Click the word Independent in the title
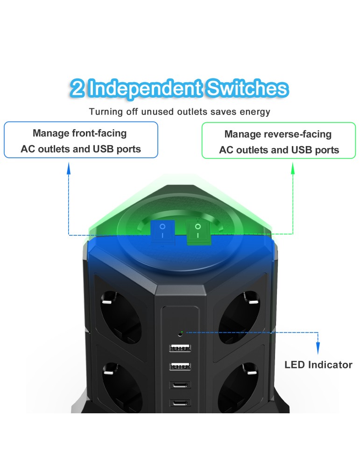point(146,88)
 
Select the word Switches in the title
point(247,88)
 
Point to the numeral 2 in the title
point(78,88)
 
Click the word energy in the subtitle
point(255,112)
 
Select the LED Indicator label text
point(318,365)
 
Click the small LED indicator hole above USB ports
point(180,334)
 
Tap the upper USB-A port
point(180,347)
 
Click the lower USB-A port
point(180,366)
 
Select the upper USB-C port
point(180,385)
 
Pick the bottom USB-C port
point(180,403)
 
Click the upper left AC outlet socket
point(120,317)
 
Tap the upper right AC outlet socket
point(239,317)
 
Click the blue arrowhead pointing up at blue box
point(69,169)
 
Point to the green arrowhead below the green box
point(293,169)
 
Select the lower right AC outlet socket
point(238,387)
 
